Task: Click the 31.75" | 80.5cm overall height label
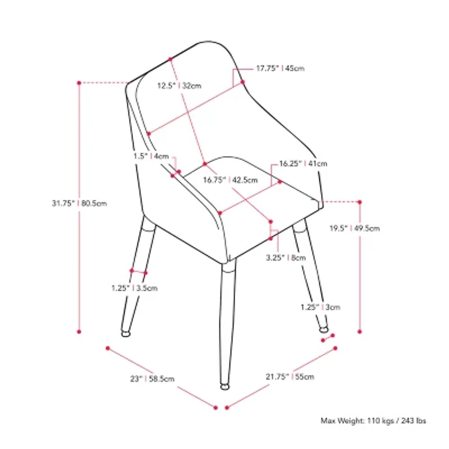79,203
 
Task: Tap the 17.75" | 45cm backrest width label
280,68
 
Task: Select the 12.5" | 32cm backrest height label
179,86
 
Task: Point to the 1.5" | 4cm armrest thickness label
151,157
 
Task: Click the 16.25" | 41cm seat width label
303,164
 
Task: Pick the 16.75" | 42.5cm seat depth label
230,180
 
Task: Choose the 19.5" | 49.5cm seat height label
355,228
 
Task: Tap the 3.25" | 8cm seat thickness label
286,258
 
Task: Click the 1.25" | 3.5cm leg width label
135,288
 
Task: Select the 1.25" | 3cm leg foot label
320,307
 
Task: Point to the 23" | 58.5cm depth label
152,379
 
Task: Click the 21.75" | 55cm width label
290,377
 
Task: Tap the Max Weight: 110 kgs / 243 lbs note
373,420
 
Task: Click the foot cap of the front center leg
225,387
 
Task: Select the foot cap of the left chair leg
126,333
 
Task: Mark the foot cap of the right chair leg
324,330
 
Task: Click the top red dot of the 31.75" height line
79,83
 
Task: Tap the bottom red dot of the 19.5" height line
360,332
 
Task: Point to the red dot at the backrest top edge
171,59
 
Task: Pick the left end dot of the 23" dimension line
108,348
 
